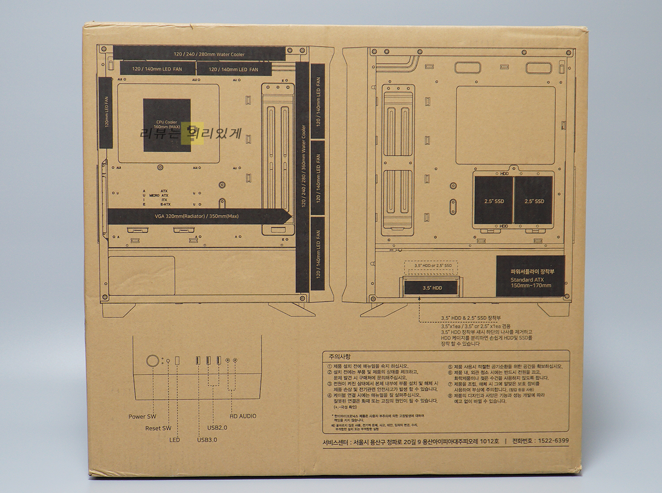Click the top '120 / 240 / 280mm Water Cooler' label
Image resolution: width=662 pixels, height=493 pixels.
point(199,54)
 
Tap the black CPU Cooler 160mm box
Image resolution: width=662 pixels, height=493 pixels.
point(167,125)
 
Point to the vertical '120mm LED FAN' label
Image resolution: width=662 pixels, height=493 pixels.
point(106,112)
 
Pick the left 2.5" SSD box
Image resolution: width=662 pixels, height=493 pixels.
point(493,200)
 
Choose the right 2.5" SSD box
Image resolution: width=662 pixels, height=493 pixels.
point(533,200)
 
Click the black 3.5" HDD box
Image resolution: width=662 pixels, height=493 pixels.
point(431,287)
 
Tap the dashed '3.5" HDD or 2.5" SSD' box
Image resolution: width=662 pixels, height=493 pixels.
point(433,266)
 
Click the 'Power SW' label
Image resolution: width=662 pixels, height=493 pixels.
point(142,416)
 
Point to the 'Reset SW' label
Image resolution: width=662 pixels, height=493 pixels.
point(158,428)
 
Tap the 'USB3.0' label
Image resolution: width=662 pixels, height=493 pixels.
point(207,439)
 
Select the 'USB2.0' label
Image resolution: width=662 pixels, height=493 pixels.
point(217,427)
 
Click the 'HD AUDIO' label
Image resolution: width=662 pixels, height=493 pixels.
point(243,416)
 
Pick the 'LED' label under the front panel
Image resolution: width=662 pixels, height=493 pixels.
point(175,439)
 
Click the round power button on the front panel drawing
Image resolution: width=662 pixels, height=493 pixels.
point(153,360)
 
